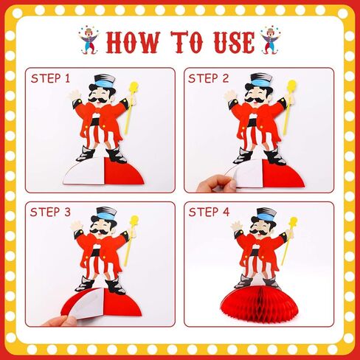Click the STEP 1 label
click(50, 78)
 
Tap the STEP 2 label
click(209, 78)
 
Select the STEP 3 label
click(50, 212)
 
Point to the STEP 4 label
click(209, 212)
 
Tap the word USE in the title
click(234, 42)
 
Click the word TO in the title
click(187, 42)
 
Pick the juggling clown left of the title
click(89, 40)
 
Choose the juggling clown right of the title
click(271, 40)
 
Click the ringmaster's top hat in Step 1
click(103, 83)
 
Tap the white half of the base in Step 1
click(85, 171)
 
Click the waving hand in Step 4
click(236, 226)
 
